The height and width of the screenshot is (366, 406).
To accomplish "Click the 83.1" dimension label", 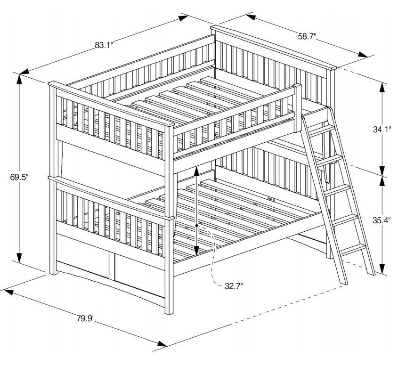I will tap(104, 45).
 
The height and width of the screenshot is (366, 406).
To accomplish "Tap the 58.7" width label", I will tap(306, 36).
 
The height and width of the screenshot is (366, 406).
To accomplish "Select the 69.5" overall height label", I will tap(19, 177).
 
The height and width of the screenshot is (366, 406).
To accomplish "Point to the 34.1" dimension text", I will tap(382, 129).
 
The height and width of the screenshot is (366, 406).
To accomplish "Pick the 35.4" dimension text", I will tap(382, 220).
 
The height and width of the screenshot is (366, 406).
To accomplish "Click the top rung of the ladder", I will tap(320, 128).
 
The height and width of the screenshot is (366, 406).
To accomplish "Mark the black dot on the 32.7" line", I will tap(197, 226).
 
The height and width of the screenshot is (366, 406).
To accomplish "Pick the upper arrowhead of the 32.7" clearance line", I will tap(196, 170).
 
